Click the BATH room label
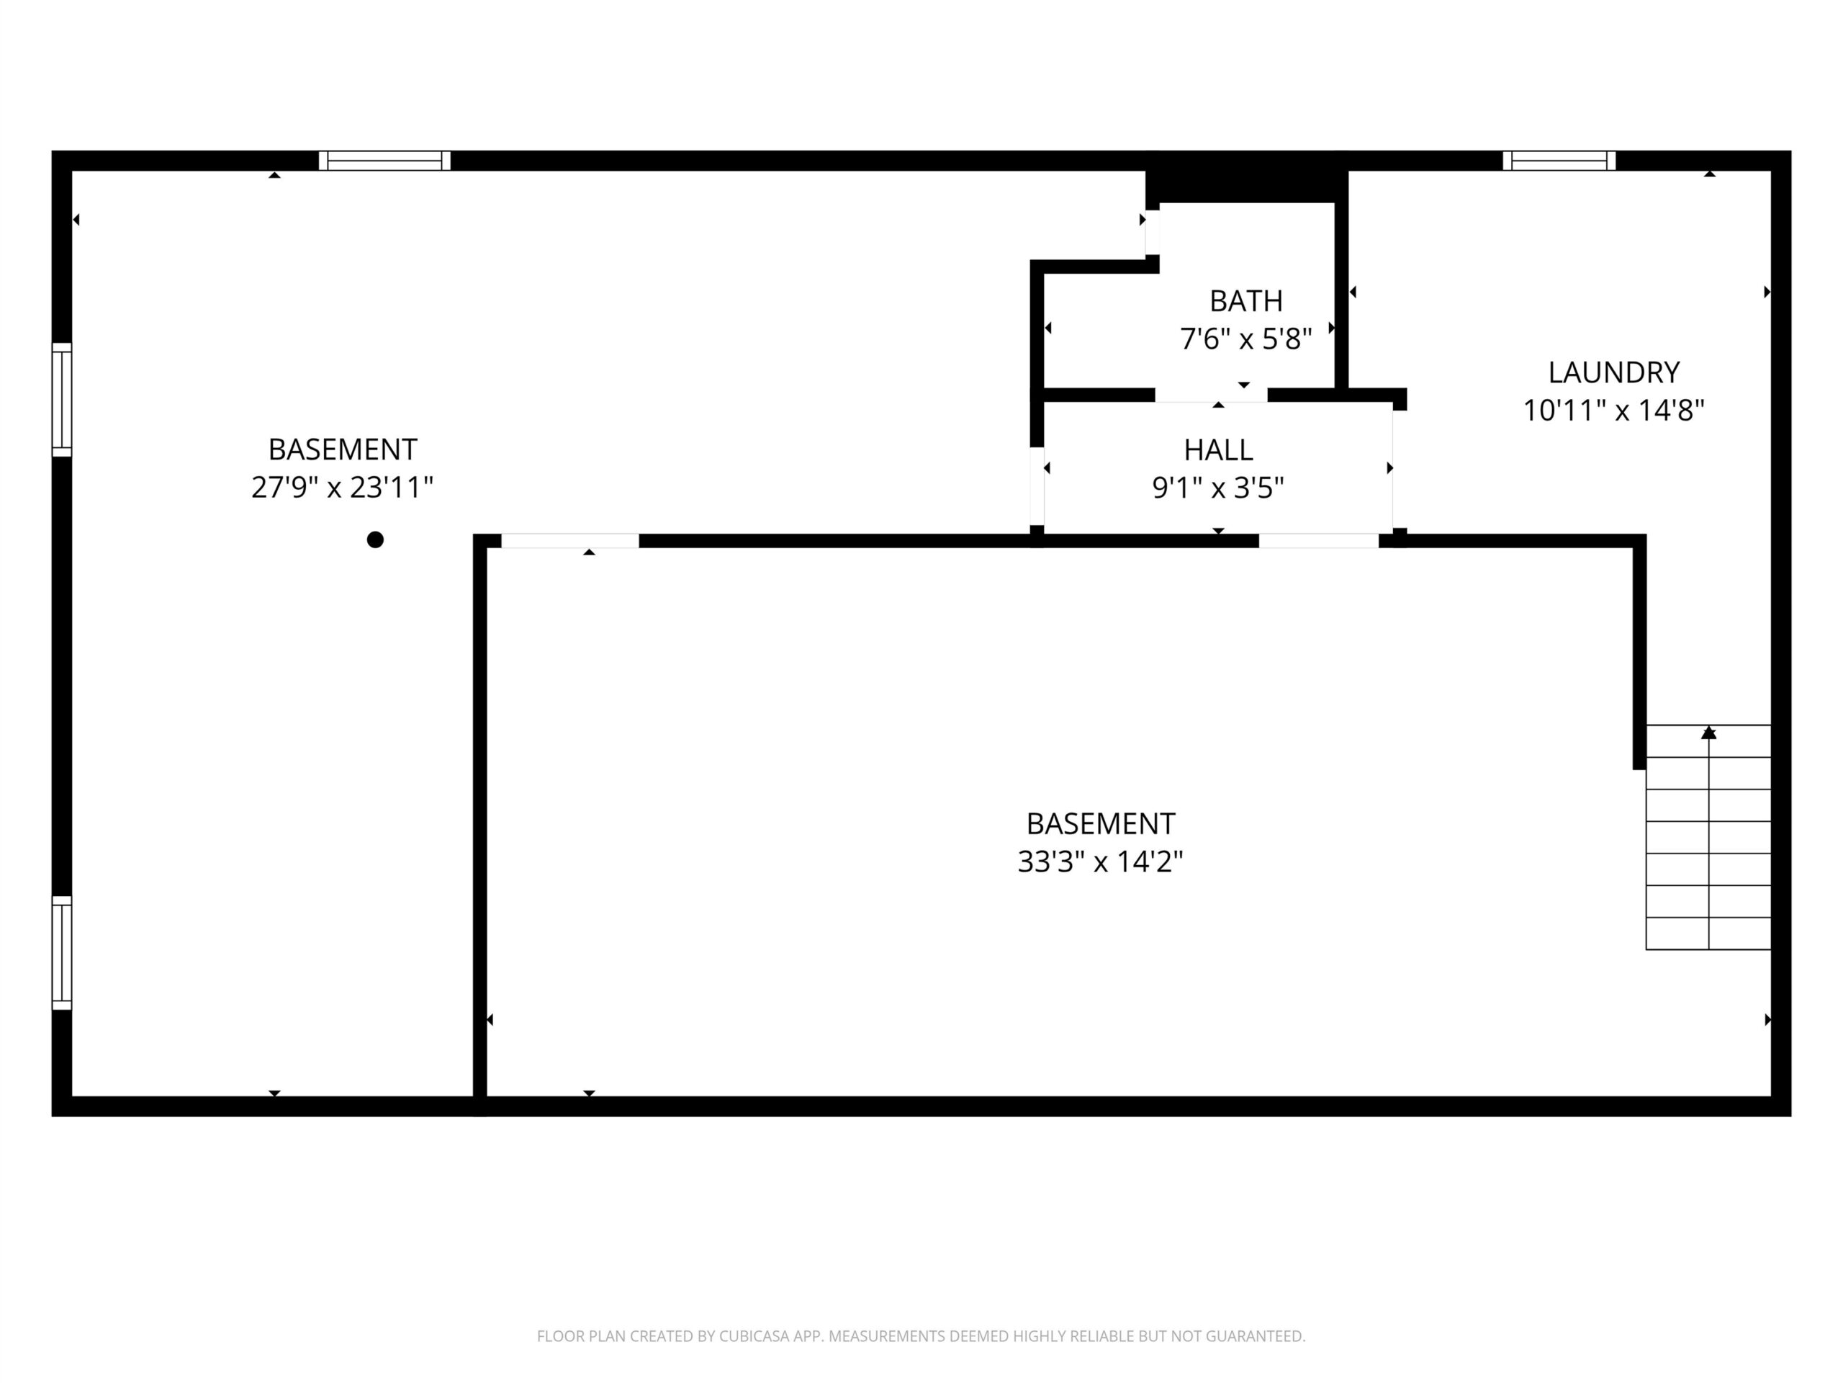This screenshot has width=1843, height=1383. pos(1245,300)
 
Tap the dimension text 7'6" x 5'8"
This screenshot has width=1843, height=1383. pos(1245,339)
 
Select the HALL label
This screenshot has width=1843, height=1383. pos(1218,449)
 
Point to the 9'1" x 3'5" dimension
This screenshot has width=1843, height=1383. pos(1218,487)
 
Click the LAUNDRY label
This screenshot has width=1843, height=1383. pos(1614,372)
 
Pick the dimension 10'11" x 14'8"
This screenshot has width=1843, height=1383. pos(1614,410)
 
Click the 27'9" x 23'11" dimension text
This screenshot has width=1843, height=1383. pos(343,487)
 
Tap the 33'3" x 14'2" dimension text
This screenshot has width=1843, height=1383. pos(1100,861)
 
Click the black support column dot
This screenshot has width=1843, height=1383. pos(375,540)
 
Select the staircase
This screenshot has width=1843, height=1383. pos(1708,837)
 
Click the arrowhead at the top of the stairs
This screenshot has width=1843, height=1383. pos(1709,733)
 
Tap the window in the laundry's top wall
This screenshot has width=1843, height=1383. pos(1559,161)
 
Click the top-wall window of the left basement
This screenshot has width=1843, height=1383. pos(384,161)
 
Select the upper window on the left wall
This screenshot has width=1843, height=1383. pos(62,399)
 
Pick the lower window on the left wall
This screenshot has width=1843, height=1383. pos(62,953)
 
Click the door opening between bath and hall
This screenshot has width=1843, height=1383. pos(1211,395)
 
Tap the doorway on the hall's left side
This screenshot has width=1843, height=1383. pos(1037,487)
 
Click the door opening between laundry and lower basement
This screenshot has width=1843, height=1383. pos(1319,541)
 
